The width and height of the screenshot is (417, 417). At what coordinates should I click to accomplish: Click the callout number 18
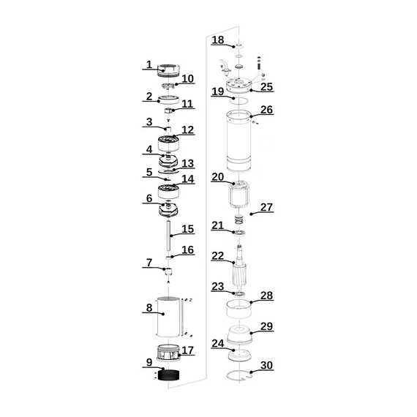point(218,40)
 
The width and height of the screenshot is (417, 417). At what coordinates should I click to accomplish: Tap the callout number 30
point(266,365)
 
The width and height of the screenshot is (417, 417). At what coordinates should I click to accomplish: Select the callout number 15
point(188,229)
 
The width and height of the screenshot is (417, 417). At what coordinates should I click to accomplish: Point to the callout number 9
point(149,362)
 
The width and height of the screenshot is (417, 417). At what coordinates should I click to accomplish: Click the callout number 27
point(266,207)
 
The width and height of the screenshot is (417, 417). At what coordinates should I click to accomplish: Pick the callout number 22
point(218,256)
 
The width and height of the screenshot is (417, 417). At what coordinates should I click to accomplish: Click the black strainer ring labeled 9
point(168,375)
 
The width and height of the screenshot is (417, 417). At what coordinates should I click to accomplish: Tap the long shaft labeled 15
point(168,236)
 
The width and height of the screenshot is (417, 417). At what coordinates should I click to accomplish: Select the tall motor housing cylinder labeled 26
point(238,141)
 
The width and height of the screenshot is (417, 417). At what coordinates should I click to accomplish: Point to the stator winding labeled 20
point(238,195)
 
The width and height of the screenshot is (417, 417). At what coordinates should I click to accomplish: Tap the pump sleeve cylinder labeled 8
point(168,317)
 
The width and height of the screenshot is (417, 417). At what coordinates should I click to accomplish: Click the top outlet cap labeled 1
point(168,71)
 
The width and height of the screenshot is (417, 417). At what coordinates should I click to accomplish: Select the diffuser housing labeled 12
point(168,143)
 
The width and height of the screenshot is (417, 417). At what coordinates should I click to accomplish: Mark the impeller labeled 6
point(168,211)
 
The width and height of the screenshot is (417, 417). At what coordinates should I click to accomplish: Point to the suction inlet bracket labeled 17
point(168,353)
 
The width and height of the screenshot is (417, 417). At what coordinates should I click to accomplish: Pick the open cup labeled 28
point(238,309)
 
